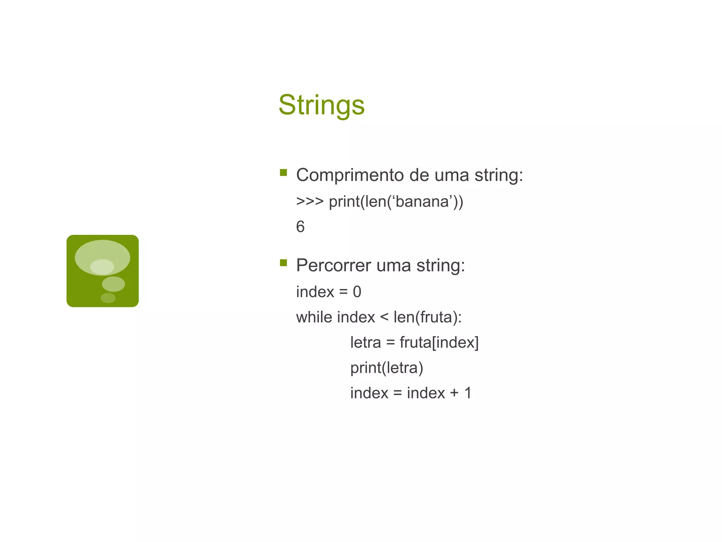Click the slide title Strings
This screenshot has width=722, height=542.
[322, 105]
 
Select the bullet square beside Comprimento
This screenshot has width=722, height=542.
[283, 173]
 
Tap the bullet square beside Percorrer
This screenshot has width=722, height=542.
[283, 263]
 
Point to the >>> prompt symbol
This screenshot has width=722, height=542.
[310, 201]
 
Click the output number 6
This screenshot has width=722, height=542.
[300, 227]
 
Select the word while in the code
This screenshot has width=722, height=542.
[314, 317]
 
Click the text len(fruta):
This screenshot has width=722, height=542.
[427, 317]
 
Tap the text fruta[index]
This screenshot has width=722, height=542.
[439, 342]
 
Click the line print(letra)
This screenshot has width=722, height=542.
[386, 368]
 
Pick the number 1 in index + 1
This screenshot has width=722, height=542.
[468, 393]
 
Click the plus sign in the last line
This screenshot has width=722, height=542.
[454, 393]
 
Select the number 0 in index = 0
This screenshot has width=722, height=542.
[357, 292]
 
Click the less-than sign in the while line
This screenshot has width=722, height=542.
[384, 317]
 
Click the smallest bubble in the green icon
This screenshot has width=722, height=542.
[108, 298]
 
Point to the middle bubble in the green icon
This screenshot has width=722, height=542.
[113, 284]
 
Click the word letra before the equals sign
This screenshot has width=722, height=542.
[365, 342]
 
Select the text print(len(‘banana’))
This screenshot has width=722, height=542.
[396, 201]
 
